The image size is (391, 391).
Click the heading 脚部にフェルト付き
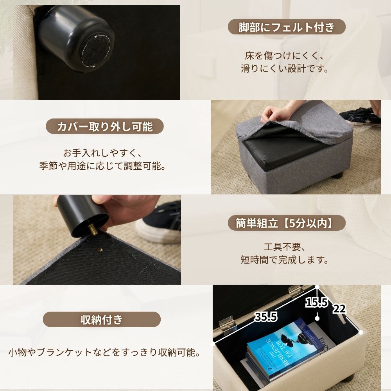[287, 27]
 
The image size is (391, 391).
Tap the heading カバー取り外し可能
[105, 126]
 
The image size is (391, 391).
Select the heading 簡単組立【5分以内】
[287, 223]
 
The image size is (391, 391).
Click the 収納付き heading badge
[102, 319]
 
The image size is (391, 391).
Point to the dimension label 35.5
[266, 317]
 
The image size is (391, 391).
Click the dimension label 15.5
[317, 303]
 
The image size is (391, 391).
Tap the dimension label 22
[339, 309]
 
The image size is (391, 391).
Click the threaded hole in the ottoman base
[101, 250]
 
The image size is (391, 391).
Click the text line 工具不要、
[285, 247]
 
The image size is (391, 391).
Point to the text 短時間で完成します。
[285, 260]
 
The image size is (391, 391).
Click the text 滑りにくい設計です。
[285, 68]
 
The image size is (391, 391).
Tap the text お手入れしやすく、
[102, 153]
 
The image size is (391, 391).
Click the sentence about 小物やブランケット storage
[104, 353]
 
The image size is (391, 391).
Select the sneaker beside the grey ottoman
[361, 117]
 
